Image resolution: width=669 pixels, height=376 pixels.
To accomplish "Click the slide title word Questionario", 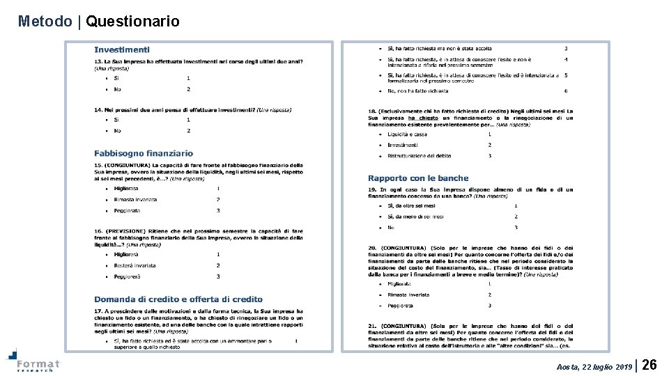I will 132,22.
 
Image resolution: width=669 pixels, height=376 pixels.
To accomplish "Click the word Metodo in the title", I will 45,22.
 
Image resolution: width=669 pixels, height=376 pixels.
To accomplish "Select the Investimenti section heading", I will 121,49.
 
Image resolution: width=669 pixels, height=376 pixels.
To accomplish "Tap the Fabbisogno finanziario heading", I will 144,153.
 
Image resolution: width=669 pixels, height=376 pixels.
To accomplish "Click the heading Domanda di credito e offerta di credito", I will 178,299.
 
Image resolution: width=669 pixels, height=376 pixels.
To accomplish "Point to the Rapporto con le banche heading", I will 418,178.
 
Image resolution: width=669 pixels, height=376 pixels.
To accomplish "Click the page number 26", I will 649,364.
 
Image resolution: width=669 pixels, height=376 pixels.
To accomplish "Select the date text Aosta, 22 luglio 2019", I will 594,366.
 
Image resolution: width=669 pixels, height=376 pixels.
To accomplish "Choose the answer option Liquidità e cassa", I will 408,134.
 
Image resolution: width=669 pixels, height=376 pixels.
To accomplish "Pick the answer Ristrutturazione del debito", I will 420,156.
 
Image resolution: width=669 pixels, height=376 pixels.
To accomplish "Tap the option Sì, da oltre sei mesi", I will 411,205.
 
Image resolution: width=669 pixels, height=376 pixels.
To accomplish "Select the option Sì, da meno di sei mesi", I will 415,217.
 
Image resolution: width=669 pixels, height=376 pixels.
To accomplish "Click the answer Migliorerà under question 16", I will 126,255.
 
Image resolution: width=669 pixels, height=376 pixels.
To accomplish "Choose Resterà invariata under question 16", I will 134,265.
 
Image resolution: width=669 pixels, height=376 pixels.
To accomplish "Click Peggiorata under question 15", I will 127,210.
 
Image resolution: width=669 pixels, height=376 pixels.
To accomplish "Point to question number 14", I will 98,109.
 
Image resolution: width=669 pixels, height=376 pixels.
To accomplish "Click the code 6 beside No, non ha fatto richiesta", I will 566,91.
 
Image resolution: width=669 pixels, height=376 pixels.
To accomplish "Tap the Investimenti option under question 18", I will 403,145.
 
